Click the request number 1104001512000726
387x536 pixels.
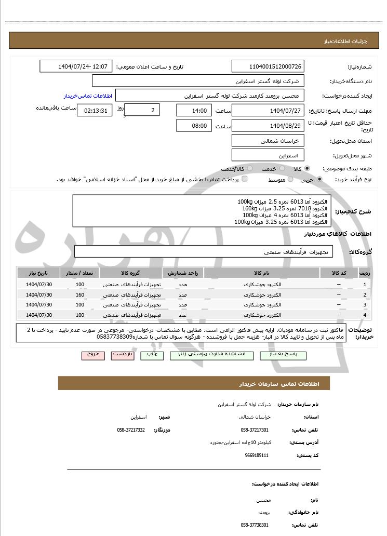268,66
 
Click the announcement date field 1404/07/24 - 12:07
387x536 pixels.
76,66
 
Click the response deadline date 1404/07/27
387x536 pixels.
268,111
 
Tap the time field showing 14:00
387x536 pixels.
194,111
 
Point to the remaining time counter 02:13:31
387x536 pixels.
94,111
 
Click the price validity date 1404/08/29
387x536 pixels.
268,126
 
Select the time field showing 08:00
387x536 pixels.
194,126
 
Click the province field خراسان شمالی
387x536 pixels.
268,141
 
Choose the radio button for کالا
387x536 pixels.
308,169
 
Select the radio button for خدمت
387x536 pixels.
282,169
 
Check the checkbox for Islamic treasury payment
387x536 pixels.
245,179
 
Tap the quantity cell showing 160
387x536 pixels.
79,294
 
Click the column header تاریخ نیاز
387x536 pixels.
38,273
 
